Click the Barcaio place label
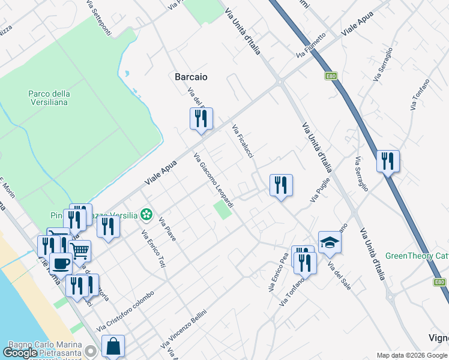(x=191, y=77)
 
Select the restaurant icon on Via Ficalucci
(x=281, y=185)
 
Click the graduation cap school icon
(x=330, y=242)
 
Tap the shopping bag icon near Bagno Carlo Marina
(x=113, y=346)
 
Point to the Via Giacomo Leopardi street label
(x=213, y=181)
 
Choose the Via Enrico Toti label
(x=153, y=249)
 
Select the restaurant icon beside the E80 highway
(x=388, y=161)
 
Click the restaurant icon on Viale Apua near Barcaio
(x=201, y=119)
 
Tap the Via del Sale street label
(x=339, y=277)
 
